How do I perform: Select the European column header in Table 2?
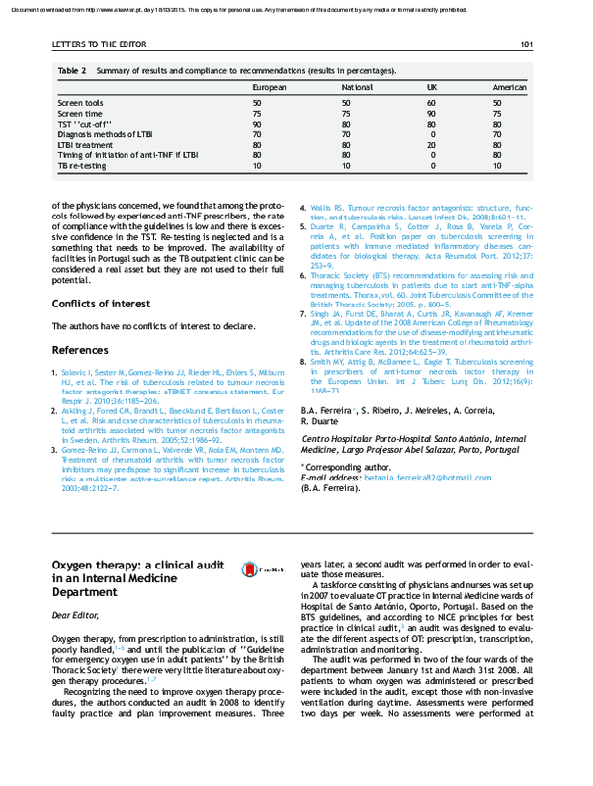[x=269, y=87]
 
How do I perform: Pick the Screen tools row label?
[x=80, y=103]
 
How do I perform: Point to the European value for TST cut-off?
[x=257, y=124]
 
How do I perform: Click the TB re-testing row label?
[x=82, y=165]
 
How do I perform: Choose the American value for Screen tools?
[x=498, y=103]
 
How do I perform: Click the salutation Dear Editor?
[x=76, y=615]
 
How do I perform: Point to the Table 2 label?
[x=72, y=71]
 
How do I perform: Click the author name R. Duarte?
[x=320, y=420]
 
